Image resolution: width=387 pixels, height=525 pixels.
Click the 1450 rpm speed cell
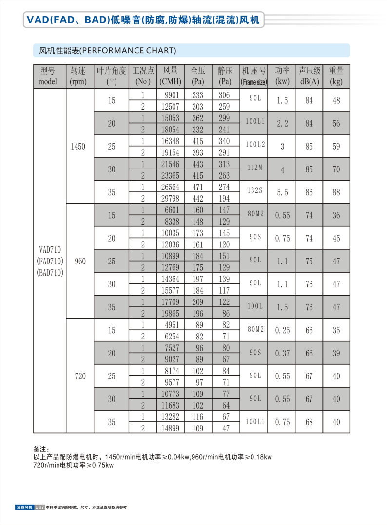(78, 147)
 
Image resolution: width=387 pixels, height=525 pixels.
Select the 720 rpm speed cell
(80, 376)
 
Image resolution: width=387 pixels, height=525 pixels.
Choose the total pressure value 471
(198, 187)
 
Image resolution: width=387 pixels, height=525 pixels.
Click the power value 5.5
(282, 193)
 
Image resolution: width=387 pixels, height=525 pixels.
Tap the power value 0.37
(282, 353)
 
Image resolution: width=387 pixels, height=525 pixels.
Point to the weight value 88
(336, 193)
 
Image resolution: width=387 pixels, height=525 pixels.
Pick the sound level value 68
(309, 422)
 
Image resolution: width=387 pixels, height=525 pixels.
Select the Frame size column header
(254, 76)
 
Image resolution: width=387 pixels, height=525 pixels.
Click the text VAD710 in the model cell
(50, 250)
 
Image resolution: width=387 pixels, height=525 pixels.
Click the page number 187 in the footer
(39, 507)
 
